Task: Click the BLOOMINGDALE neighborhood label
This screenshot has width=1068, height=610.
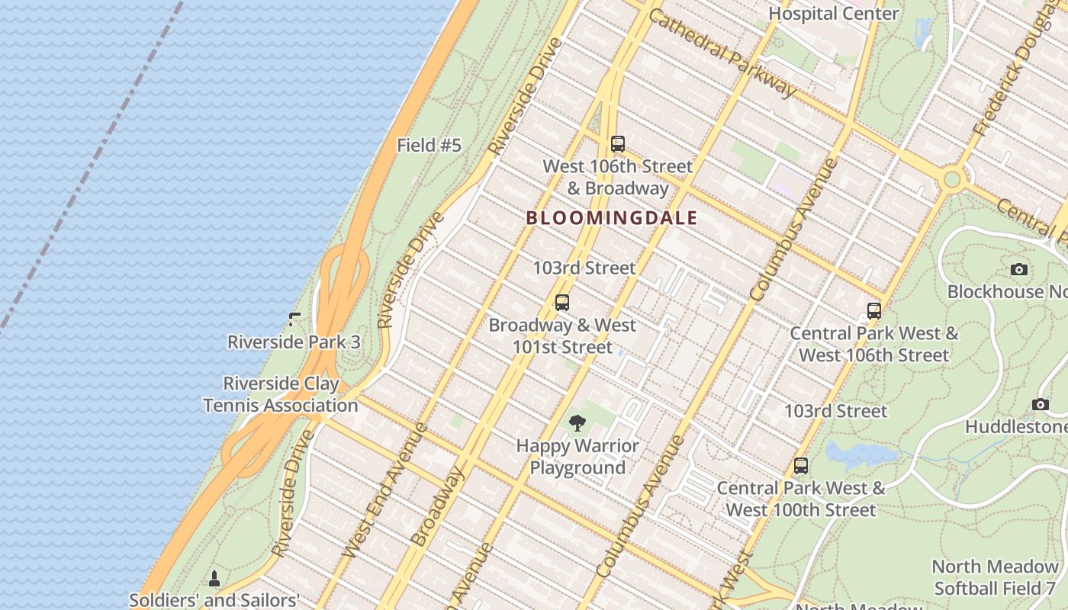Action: tap(611, 218)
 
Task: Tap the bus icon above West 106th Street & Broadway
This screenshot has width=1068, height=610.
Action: tap(618, 143)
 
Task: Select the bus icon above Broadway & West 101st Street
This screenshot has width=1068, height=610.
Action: tap(562, 303)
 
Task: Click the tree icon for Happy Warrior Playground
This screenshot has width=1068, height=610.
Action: tap(577, 423)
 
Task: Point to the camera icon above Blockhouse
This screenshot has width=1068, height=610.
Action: tap(1018, 269)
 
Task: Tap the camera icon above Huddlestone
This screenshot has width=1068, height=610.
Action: tap(1040, 404)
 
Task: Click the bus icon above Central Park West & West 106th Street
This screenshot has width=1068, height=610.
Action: tap(874, 311)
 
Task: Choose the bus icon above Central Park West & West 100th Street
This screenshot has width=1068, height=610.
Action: tap(801, 465)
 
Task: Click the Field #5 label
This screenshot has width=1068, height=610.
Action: tap(429, 145)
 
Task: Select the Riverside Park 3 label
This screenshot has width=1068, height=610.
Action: tap(294, 342)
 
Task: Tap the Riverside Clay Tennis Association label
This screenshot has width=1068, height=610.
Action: tap(281, 394)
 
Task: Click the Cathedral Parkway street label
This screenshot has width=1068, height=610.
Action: tap(722, 53)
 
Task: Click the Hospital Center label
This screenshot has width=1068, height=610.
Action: tap(833, 13)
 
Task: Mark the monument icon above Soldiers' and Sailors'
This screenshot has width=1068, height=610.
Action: tap(214, 579)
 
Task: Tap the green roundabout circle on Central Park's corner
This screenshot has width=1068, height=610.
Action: tap(952, 180)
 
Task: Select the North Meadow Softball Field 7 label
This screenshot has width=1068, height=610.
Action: tap(996, 577)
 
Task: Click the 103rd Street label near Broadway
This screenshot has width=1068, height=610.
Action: tap(584, 268)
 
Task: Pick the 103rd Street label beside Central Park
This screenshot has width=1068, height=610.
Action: tap(835, 411)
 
